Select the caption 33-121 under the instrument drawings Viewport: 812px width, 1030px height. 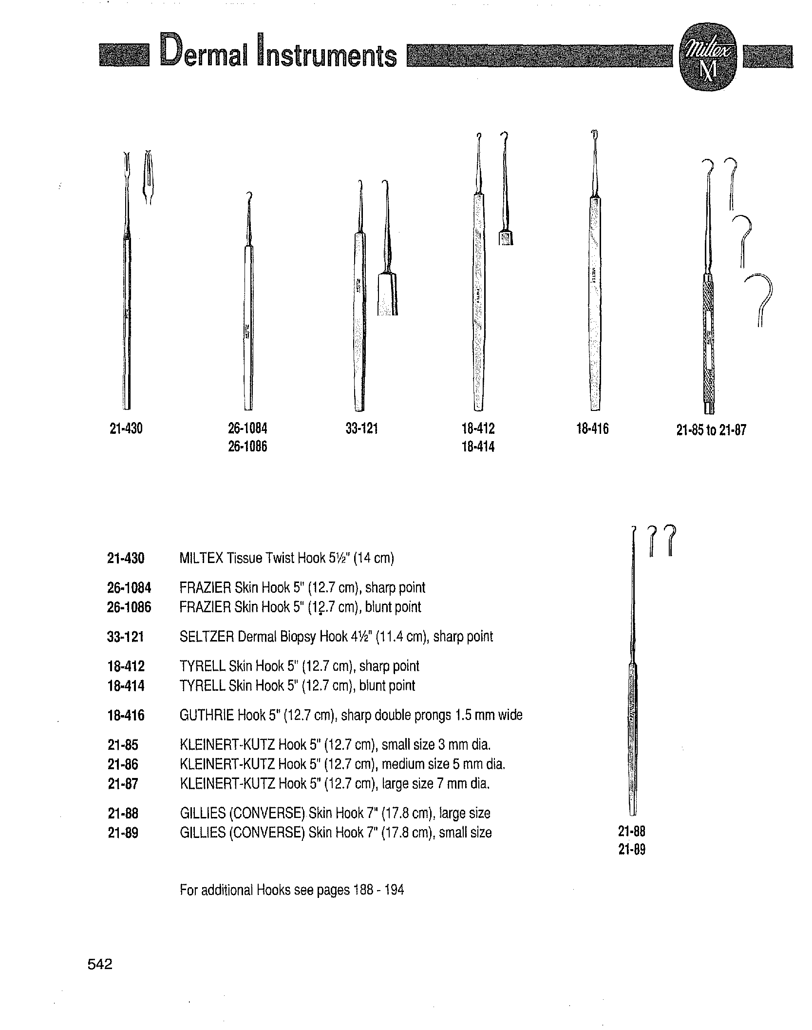click(x=361, y=429)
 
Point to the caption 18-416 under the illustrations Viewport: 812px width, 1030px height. click(x=592, y=429)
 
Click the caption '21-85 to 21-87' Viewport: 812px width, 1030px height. click(x=711, y=430)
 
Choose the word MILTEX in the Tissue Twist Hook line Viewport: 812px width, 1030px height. click(x=201, y=558)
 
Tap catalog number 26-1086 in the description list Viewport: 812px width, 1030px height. click(x=129, y=607)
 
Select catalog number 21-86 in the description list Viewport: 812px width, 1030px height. click(x=123, y=764)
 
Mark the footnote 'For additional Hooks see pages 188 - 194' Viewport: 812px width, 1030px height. click(x=292, y=890)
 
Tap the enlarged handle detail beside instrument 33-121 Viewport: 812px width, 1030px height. click(x=388, y=294)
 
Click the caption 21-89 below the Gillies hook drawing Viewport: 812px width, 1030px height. click(x=632, y=850)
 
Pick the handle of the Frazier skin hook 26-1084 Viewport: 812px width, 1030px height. click(x=248, y=327)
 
